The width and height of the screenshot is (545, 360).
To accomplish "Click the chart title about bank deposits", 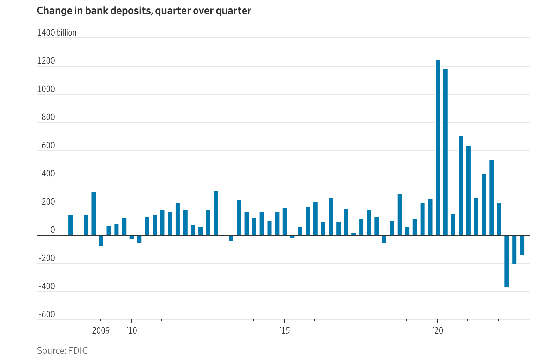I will pos(144,11).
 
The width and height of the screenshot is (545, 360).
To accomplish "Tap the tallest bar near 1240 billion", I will pos(438,148).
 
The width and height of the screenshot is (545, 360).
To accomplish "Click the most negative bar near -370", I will pos(507,261).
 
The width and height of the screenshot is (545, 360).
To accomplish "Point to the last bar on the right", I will pos(522,245).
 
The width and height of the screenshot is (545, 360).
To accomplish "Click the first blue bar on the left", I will pos(71,225).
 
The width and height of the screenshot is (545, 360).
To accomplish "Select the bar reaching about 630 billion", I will pos(469,191).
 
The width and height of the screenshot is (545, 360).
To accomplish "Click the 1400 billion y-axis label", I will pos(56,33).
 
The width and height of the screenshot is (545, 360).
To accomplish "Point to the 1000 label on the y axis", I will pos(46,89).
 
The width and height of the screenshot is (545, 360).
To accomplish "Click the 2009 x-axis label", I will pos(101,331).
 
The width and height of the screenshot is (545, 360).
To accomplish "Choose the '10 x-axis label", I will pos(131,331).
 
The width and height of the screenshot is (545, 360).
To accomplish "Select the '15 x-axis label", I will pos(284,331).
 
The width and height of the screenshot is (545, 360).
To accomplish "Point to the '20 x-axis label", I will pos(437,331).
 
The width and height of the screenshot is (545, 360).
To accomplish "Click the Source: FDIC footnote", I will pos(62,350).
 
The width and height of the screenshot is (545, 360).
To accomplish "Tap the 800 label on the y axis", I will pos(48,117).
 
